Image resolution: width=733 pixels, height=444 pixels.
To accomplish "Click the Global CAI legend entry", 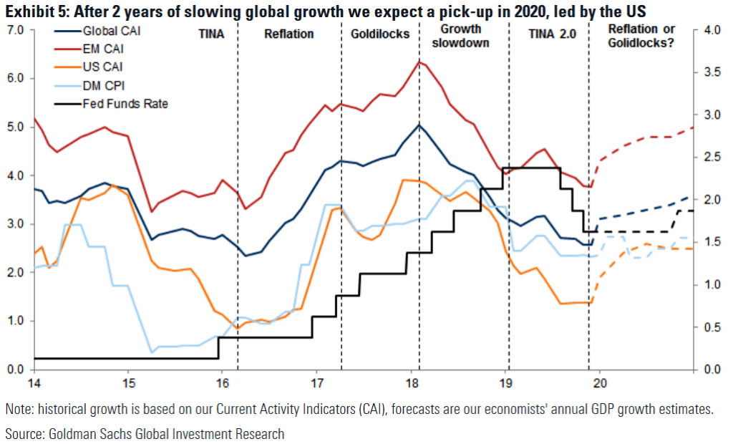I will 107,32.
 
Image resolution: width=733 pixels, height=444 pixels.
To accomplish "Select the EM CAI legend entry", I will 100,49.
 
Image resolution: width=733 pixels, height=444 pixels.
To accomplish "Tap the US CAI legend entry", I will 100,67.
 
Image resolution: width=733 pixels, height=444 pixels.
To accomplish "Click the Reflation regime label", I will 288,34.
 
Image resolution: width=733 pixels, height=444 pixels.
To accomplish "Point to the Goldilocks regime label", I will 379,34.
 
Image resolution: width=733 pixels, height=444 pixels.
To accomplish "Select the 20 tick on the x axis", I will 600,380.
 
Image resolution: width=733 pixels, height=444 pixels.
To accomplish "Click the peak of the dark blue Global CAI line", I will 419,125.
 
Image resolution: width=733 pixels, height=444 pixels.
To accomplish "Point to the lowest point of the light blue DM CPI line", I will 152,352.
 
